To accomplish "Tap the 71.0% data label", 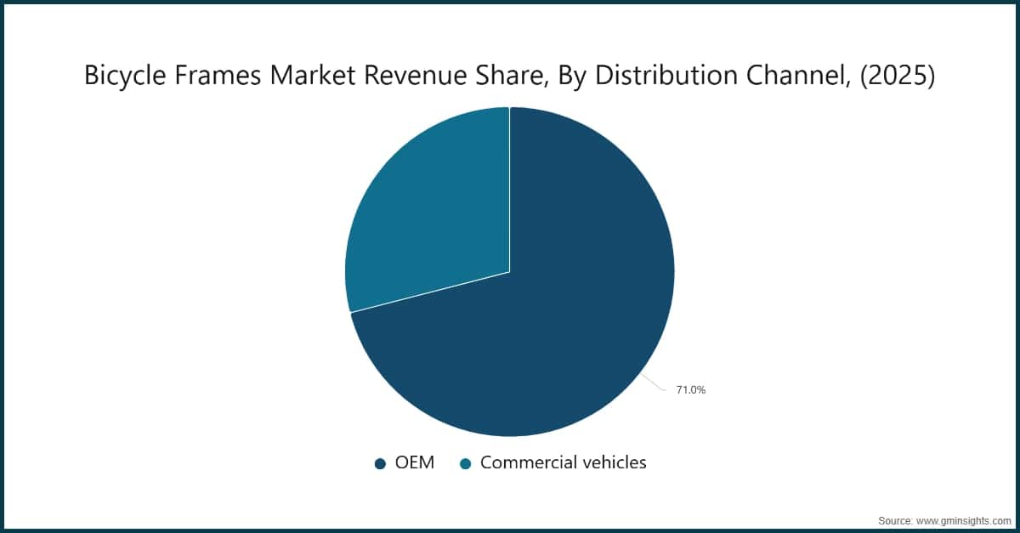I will (689, 390).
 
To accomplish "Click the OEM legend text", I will (415, 462).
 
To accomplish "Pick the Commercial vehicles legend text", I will (563, 462).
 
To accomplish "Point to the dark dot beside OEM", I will (381, 463).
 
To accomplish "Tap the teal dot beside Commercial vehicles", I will (465, 463).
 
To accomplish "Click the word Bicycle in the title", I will (120, 77).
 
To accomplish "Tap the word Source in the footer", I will (896, 519).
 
